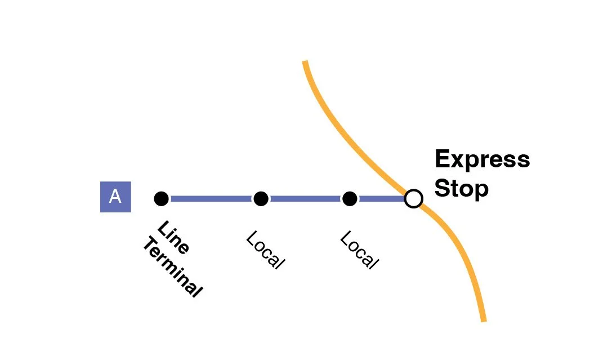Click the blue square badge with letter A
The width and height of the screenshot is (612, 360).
(115, 197)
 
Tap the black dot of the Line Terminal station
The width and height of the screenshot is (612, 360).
(161, 198)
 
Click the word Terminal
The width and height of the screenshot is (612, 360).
(172, 268)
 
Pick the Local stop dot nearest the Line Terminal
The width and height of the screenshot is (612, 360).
(260, 198)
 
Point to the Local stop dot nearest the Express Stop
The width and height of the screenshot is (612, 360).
(350, 198)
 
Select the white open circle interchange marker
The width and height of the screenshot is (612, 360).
(414, 198)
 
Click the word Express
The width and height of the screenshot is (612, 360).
(482, 159)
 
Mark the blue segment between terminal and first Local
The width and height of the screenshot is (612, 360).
(211, 198)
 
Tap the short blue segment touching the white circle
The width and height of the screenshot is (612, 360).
(382, 198)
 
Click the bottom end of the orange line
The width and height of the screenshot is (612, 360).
(483, 319)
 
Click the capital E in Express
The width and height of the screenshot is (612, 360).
(441, 159)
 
